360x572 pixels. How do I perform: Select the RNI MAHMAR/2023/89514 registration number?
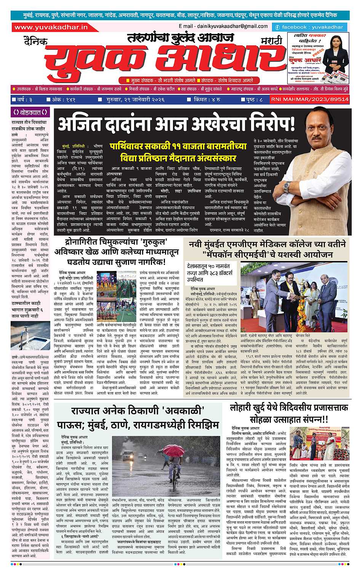point(310,99)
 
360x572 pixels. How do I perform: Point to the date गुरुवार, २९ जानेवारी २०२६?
point(133,99)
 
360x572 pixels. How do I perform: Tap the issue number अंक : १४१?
point(63,99)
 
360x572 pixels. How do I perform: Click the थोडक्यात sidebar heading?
point(30,112)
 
